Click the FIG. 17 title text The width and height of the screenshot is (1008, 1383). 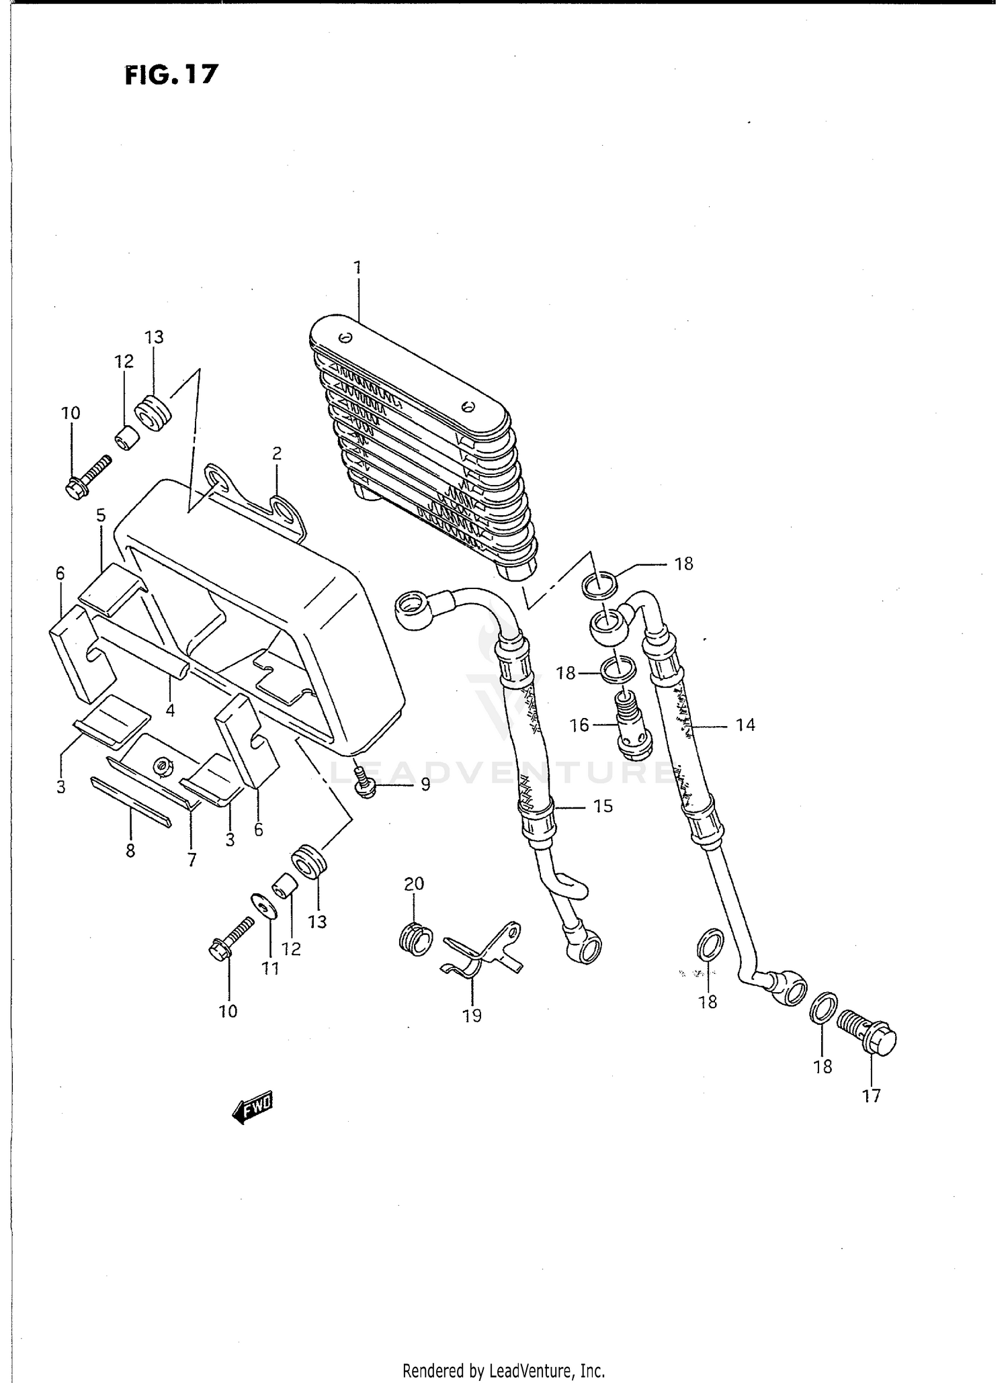tap(172, 74)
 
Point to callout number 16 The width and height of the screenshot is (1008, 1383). tap(579, 725)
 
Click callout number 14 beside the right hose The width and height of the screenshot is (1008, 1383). tap(745, 725)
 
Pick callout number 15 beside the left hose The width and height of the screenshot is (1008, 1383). tap(603, 805)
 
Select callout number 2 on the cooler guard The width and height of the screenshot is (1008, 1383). tap(276, 453)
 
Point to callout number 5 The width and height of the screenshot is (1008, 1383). tap(101, 516)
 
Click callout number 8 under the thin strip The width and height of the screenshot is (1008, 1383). tap(130, 850)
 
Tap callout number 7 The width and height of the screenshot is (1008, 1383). tap(192, 860)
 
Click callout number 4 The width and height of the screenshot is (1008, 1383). tap(171, 710)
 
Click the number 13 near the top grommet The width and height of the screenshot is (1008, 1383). tap(154, 337)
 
